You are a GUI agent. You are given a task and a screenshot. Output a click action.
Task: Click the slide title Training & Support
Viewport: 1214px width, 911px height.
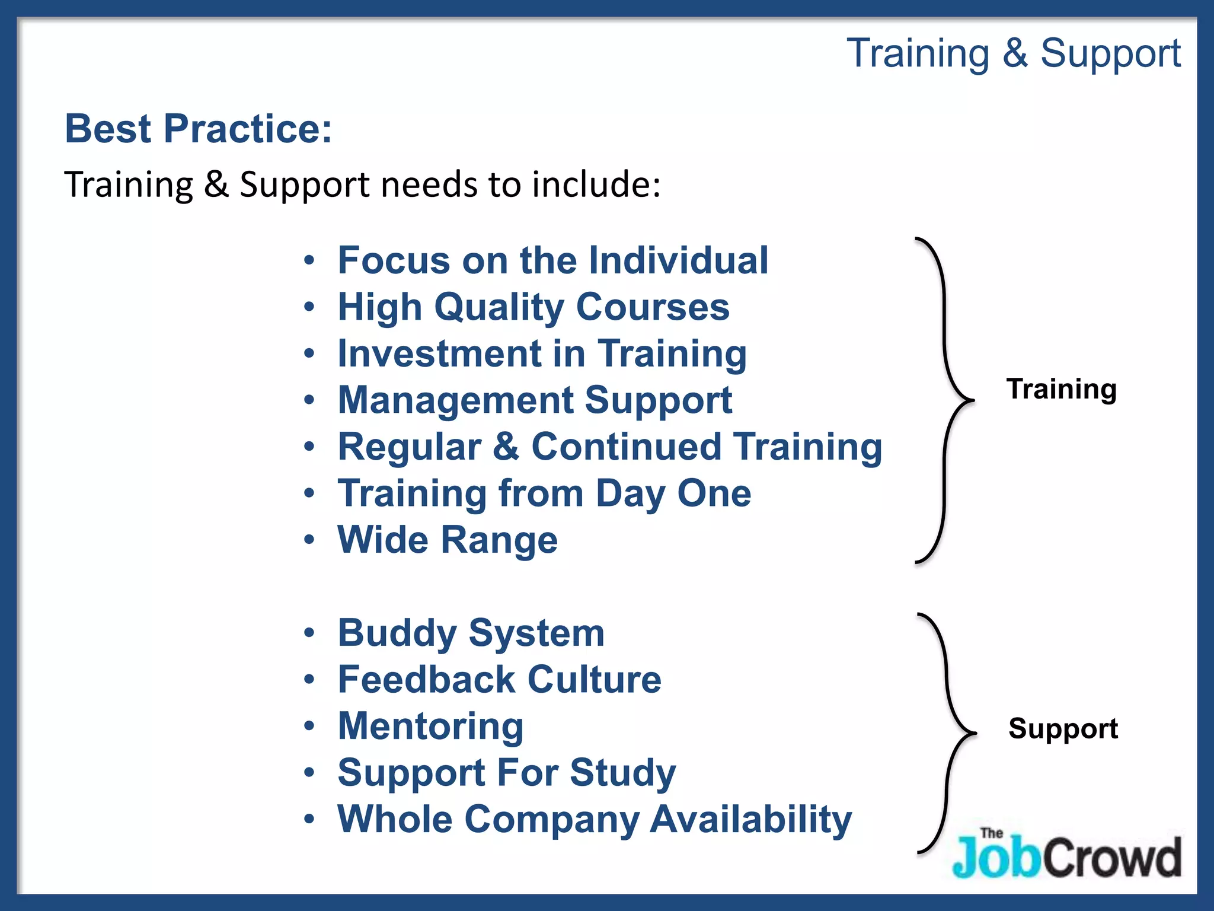click(1013, 53)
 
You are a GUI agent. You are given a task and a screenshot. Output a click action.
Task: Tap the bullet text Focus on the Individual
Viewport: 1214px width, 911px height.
click(552, 260)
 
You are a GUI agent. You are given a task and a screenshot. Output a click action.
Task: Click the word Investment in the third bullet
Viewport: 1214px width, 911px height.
click(439, 353)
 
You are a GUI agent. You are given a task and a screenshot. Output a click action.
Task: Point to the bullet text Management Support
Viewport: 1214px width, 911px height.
click(535, 400)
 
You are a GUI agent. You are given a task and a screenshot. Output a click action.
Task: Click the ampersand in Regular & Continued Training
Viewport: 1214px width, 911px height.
click(506, 447)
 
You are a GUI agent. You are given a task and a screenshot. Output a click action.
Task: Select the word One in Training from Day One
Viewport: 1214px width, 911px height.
click(714, 493)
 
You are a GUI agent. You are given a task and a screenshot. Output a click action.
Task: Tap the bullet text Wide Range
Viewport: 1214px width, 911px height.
click(448, 540)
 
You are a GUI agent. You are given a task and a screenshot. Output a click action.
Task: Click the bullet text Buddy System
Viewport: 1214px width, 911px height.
click(471, 633)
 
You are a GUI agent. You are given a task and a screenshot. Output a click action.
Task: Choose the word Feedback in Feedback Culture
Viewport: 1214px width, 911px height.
click(426, 680)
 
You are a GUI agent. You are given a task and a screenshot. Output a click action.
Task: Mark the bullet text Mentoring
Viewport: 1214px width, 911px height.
click(430, 726)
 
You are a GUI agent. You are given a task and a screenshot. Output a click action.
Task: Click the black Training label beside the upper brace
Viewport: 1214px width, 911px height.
click(1061, 389)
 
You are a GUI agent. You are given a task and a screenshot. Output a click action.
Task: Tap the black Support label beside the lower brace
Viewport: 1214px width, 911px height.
click(1063, 728)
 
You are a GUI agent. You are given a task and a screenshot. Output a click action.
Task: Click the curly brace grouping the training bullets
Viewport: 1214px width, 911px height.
click(945, 400)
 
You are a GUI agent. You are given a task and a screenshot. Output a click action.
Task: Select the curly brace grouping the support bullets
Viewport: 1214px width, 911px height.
click(947, 733)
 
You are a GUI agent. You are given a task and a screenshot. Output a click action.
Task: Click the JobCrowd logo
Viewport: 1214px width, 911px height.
click(1066, 854)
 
